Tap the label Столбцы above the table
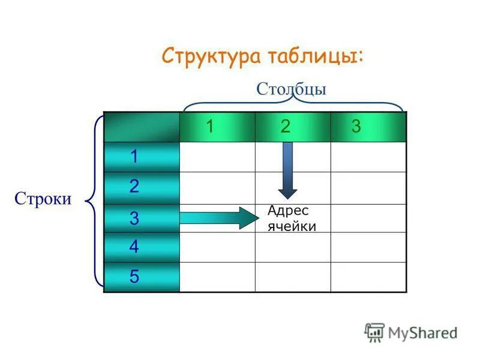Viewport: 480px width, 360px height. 291,89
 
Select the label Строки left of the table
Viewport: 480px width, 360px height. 43,199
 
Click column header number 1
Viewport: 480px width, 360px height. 210,127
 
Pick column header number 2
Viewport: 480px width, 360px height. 286,127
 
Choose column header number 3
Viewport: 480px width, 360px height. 356,127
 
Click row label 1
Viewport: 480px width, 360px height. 134,157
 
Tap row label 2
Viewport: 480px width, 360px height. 134,187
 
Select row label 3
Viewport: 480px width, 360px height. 134,218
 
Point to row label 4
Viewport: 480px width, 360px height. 134,247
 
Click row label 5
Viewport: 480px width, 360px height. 134,277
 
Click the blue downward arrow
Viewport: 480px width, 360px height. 287,170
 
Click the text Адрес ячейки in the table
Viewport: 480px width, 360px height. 292,218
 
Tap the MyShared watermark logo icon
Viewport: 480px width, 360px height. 374,332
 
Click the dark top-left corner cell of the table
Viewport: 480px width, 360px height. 142,127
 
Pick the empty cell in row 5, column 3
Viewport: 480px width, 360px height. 368,277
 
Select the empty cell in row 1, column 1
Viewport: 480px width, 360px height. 217,157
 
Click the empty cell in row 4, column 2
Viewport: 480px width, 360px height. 293,247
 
